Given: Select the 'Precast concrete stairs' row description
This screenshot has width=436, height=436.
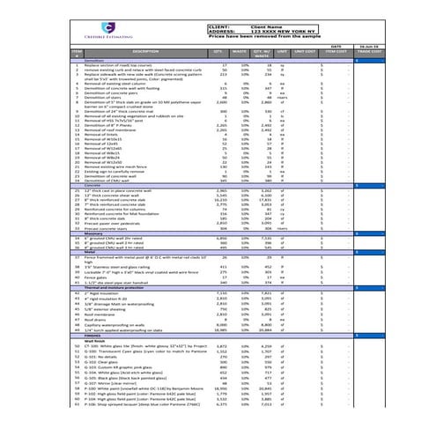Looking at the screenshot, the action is point(113,227).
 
